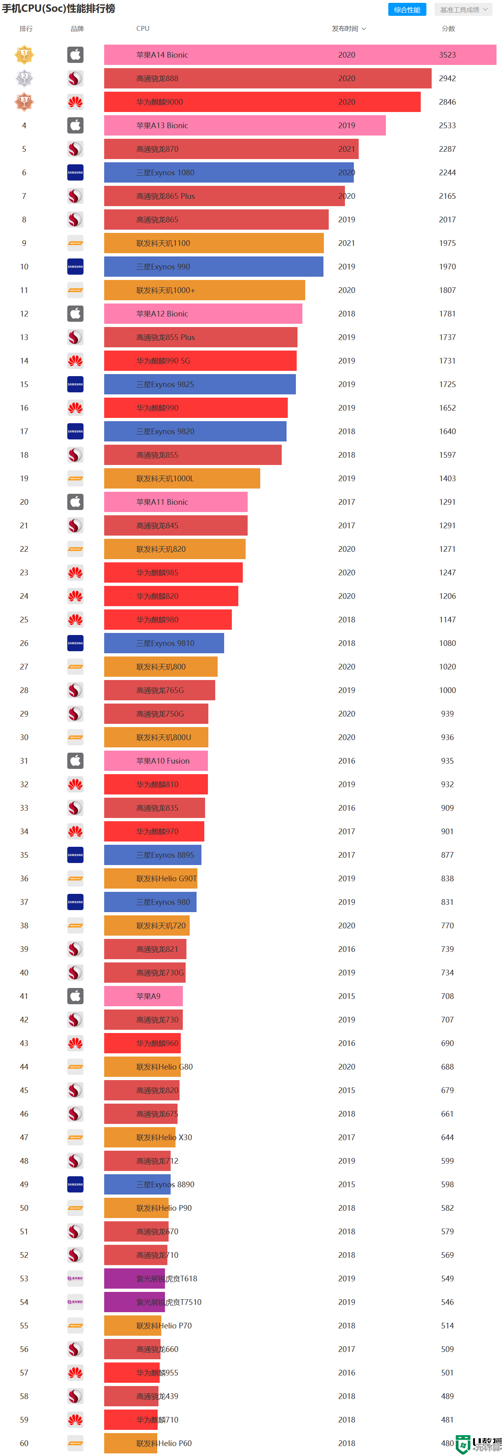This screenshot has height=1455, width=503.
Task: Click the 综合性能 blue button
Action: [x=407, y=10]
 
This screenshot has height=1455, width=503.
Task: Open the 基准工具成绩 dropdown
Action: [x=463, y=10]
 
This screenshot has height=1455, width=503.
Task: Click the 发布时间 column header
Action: [x=348, y=29]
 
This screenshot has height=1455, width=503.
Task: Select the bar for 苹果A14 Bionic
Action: [x=299, y=55]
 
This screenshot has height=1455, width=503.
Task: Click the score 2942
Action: [x=447, y=78]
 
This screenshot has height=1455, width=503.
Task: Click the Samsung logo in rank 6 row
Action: [x=75, y=173]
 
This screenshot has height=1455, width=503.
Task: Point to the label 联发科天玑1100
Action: [x=163, y=243]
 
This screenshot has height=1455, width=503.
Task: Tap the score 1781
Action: [x=447, y=314]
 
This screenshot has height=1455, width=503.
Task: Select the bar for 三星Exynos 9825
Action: [x=199, y=385]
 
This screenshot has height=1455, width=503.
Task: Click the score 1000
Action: [x=447, y=690]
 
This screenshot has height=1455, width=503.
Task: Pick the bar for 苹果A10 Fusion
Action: [x=156, y=761]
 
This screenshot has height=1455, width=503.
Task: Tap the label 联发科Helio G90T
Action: [x=167, y=879]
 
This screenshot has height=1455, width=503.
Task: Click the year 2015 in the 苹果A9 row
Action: [x=347, y=997]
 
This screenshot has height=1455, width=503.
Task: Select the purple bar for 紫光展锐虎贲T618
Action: [x=134, y=1279]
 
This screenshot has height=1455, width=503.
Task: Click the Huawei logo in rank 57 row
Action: [x=75, y=1373]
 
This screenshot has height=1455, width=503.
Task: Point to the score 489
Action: [x=447, y=1396]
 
